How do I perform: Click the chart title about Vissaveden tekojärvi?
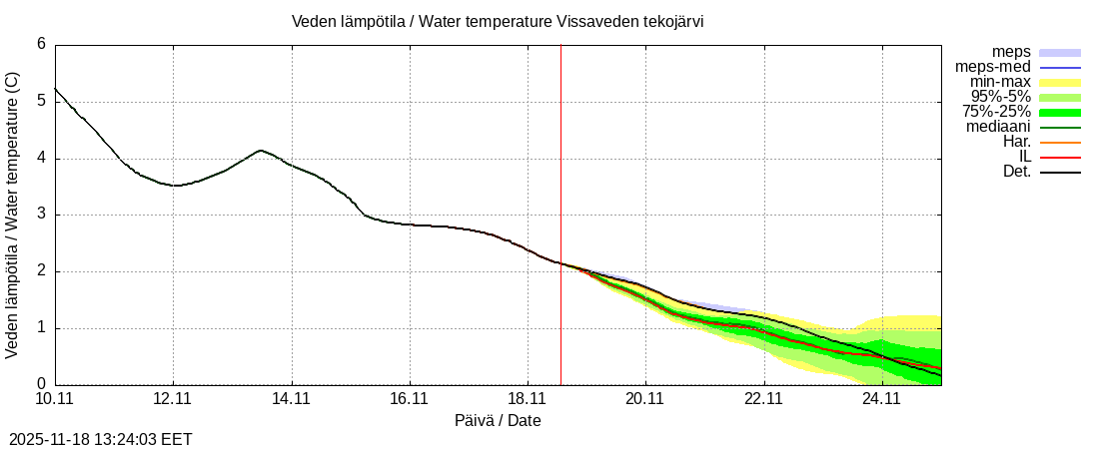[498, 22]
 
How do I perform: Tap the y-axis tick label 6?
[41, 44]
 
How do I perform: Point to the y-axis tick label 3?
[41, 215]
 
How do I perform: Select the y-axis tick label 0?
[41, 384]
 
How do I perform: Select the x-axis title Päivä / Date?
[498, 421]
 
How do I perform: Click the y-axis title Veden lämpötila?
[13, 215]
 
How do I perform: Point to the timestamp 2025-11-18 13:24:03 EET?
[101, 439]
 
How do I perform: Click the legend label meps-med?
[992, 67]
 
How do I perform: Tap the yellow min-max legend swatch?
[1060, 82]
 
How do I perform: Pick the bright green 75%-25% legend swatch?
[1060, 112]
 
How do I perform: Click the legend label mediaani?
[998, 127]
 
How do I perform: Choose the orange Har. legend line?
[1060, 142]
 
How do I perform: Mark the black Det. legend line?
[1060, 172]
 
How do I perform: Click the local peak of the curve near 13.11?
[261, 151]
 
